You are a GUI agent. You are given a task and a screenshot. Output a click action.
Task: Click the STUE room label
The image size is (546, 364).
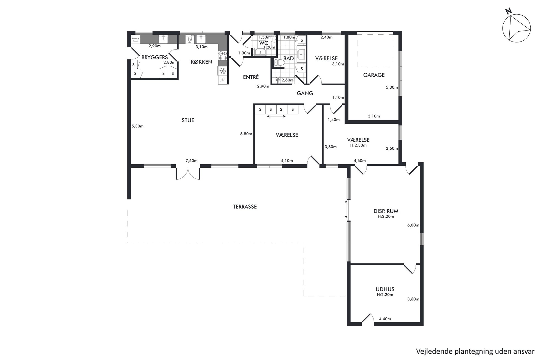click(188, 120)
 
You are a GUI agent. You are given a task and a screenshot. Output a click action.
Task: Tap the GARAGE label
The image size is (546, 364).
click(374, 75)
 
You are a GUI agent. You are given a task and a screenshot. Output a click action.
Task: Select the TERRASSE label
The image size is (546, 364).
click(245, 207)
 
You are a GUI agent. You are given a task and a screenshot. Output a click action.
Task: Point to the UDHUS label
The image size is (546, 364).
click(385, 289)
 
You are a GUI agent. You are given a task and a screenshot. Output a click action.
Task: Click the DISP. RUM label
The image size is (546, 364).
click(386, 211)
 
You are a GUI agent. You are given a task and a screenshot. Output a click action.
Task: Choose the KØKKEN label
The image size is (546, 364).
click(201, 62)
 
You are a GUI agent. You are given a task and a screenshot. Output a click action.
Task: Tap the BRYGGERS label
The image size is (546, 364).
click(154, 57)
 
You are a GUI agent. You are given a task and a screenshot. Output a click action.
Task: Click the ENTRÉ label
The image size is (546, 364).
click(251, 77)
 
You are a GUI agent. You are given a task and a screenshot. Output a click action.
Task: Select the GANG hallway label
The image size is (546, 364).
click(305, 93)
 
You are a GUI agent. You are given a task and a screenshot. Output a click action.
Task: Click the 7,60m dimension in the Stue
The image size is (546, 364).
click(192, 161)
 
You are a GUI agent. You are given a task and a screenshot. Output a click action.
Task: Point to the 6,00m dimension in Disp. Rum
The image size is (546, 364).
click(413, 225)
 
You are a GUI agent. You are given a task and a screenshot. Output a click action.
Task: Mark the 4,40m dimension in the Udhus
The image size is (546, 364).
click(385, 319)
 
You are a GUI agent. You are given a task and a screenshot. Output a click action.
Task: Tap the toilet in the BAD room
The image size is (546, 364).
click(280, 62)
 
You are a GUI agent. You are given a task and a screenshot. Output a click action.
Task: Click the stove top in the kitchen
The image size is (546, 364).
click(223, 56)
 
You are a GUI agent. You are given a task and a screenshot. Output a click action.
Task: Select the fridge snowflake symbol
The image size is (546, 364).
click(223, 71)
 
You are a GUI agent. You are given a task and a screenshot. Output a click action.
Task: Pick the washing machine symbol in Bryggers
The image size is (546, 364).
click(135, 39)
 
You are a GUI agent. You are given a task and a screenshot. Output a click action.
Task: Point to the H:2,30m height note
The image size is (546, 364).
click(358, 145)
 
